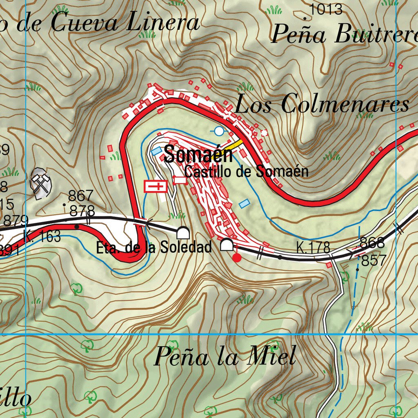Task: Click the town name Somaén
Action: click(x=198, y=155)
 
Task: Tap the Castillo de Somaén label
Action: click(x=246, y=171)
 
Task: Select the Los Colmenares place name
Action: click(x=322, y=104)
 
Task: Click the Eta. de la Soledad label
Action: click(x=154, y=247)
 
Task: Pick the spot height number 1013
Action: click(x=326, y=9)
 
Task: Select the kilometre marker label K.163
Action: click(x=42, y=236)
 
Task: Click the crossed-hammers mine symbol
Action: click(x=42, y=183)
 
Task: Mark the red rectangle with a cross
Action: click(x=156, y=187)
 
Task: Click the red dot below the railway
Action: click(x=236, y=257)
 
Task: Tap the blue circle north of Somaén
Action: click(x=219, y=131)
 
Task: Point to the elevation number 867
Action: click(x=80, y=196)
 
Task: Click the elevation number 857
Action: click(x=374, y=260)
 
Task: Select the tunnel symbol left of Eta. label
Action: click(x=183, y=233)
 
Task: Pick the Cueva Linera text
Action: click(x=125, y=23)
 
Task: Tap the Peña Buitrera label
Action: click(x=345, y=34)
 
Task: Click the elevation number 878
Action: click(x=82, y=211)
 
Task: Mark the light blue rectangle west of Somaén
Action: click(x=156, y=151)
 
